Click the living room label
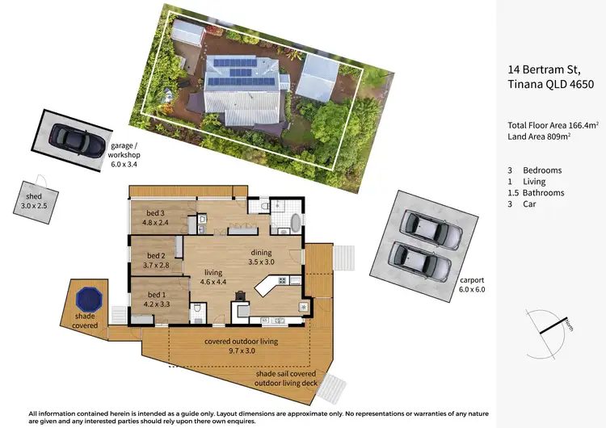[x=213, y=277]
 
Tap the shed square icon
[x=37, y=195]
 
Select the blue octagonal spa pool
[x=87, y=299]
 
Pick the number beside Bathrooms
[x=513, y=193]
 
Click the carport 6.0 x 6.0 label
[x=473, y=283]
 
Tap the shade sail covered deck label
[x=292, y=380]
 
